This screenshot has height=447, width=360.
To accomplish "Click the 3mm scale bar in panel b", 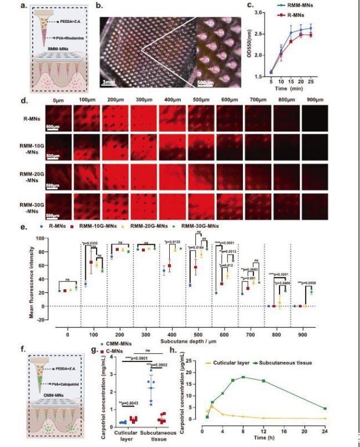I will click(x=108, y=82).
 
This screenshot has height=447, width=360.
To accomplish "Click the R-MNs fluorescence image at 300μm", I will click(x=145, y=117).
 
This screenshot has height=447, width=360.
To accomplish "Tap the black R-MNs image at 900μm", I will click(x=315, y=117).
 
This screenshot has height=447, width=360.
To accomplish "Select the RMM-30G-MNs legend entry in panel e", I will click(x=199, y=227).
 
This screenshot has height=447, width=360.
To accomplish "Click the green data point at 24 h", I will click(x=324, y=409).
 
